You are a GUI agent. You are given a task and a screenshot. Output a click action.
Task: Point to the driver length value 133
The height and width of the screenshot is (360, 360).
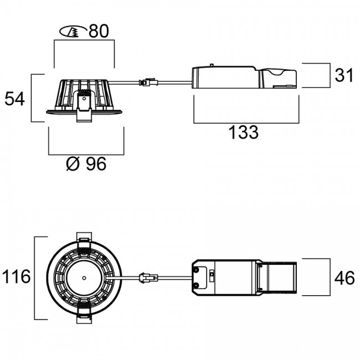click(x=243, y=132)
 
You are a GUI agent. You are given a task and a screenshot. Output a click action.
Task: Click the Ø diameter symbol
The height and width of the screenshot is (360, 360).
click(x=72, y=164)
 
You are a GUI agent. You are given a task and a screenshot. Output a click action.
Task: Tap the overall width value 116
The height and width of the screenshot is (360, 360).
click(x=16, y=277)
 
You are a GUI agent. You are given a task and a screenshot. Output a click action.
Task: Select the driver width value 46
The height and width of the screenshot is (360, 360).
click(x=344, y=277)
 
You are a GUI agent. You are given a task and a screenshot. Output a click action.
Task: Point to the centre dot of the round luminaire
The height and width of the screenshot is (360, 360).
click(x=83, y=276)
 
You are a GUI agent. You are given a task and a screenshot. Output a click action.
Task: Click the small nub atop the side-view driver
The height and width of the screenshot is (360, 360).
click(x=211, y=66)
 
